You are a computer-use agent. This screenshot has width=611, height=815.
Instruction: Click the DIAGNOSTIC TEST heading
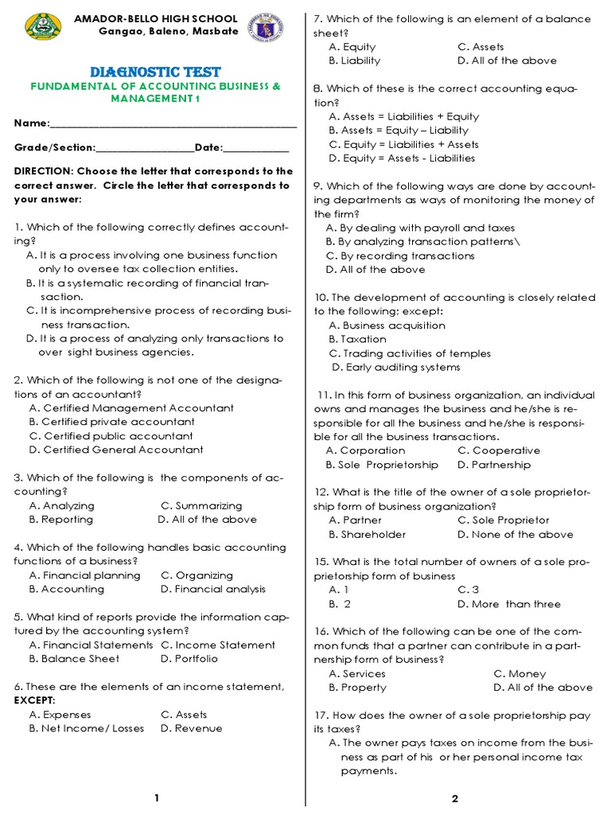156,72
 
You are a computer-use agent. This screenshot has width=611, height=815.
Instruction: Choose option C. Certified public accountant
111,436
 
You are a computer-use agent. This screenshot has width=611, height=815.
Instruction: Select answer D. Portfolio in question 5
189,659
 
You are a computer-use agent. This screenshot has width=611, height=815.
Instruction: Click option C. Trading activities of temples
410,353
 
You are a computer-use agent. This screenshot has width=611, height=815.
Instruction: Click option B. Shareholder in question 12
367,535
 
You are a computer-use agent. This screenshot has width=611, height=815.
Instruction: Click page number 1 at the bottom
157,798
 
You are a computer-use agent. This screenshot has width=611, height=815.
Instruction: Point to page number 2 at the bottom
455,798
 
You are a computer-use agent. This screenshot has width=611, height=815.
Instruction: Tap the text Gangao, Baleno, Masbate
168,31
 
